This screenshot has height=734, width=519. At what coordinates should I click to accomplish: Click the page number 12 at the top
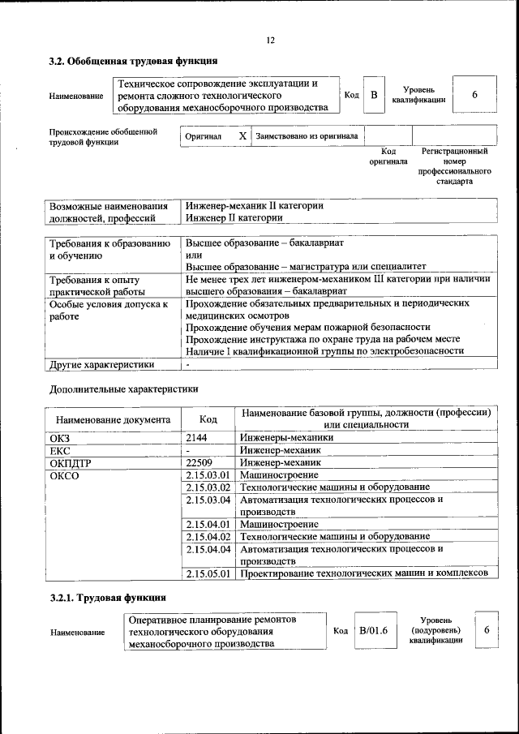click(x=270, y=41)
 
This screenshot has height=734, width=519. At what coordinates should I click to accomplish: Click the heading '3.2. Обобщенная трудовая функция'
click(x=133, y=61)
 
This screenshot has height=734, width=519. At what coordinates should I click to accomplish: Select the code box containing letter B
click(x=374, y=96)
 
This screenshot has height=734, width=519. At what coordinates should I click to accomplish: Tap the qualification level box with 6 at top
click(x=474, y=96)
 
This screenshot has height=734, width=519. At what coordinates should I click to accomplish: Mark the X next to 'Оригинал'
click(x=242, y=136)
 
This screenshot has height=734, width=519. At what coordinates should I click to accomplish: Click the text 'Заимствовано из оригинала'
click(x=307, y=136)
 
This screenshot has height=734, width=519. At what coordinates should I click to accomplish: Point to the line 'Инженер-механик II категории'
click(x=254, y=205)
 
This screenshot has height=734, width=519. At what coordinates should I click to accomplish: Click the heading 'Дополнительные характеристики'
click(x=123, y=388)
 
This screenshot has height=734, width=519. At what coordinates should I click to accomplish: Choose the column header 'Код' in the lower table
click(x=208, y=419)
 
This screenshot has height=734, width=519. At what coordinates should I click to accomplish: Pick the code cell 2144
click(x=199, y=438)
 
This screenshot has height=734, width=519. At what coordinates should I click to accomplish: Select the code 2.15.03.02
click(x=208, y=487)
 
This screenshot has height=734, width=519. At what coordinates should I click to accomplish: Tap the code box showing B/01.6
click(x=374, y=630)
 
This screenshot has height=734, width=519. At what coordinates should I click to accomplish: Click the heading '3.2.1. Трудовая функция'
click(x=108, y=599)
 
